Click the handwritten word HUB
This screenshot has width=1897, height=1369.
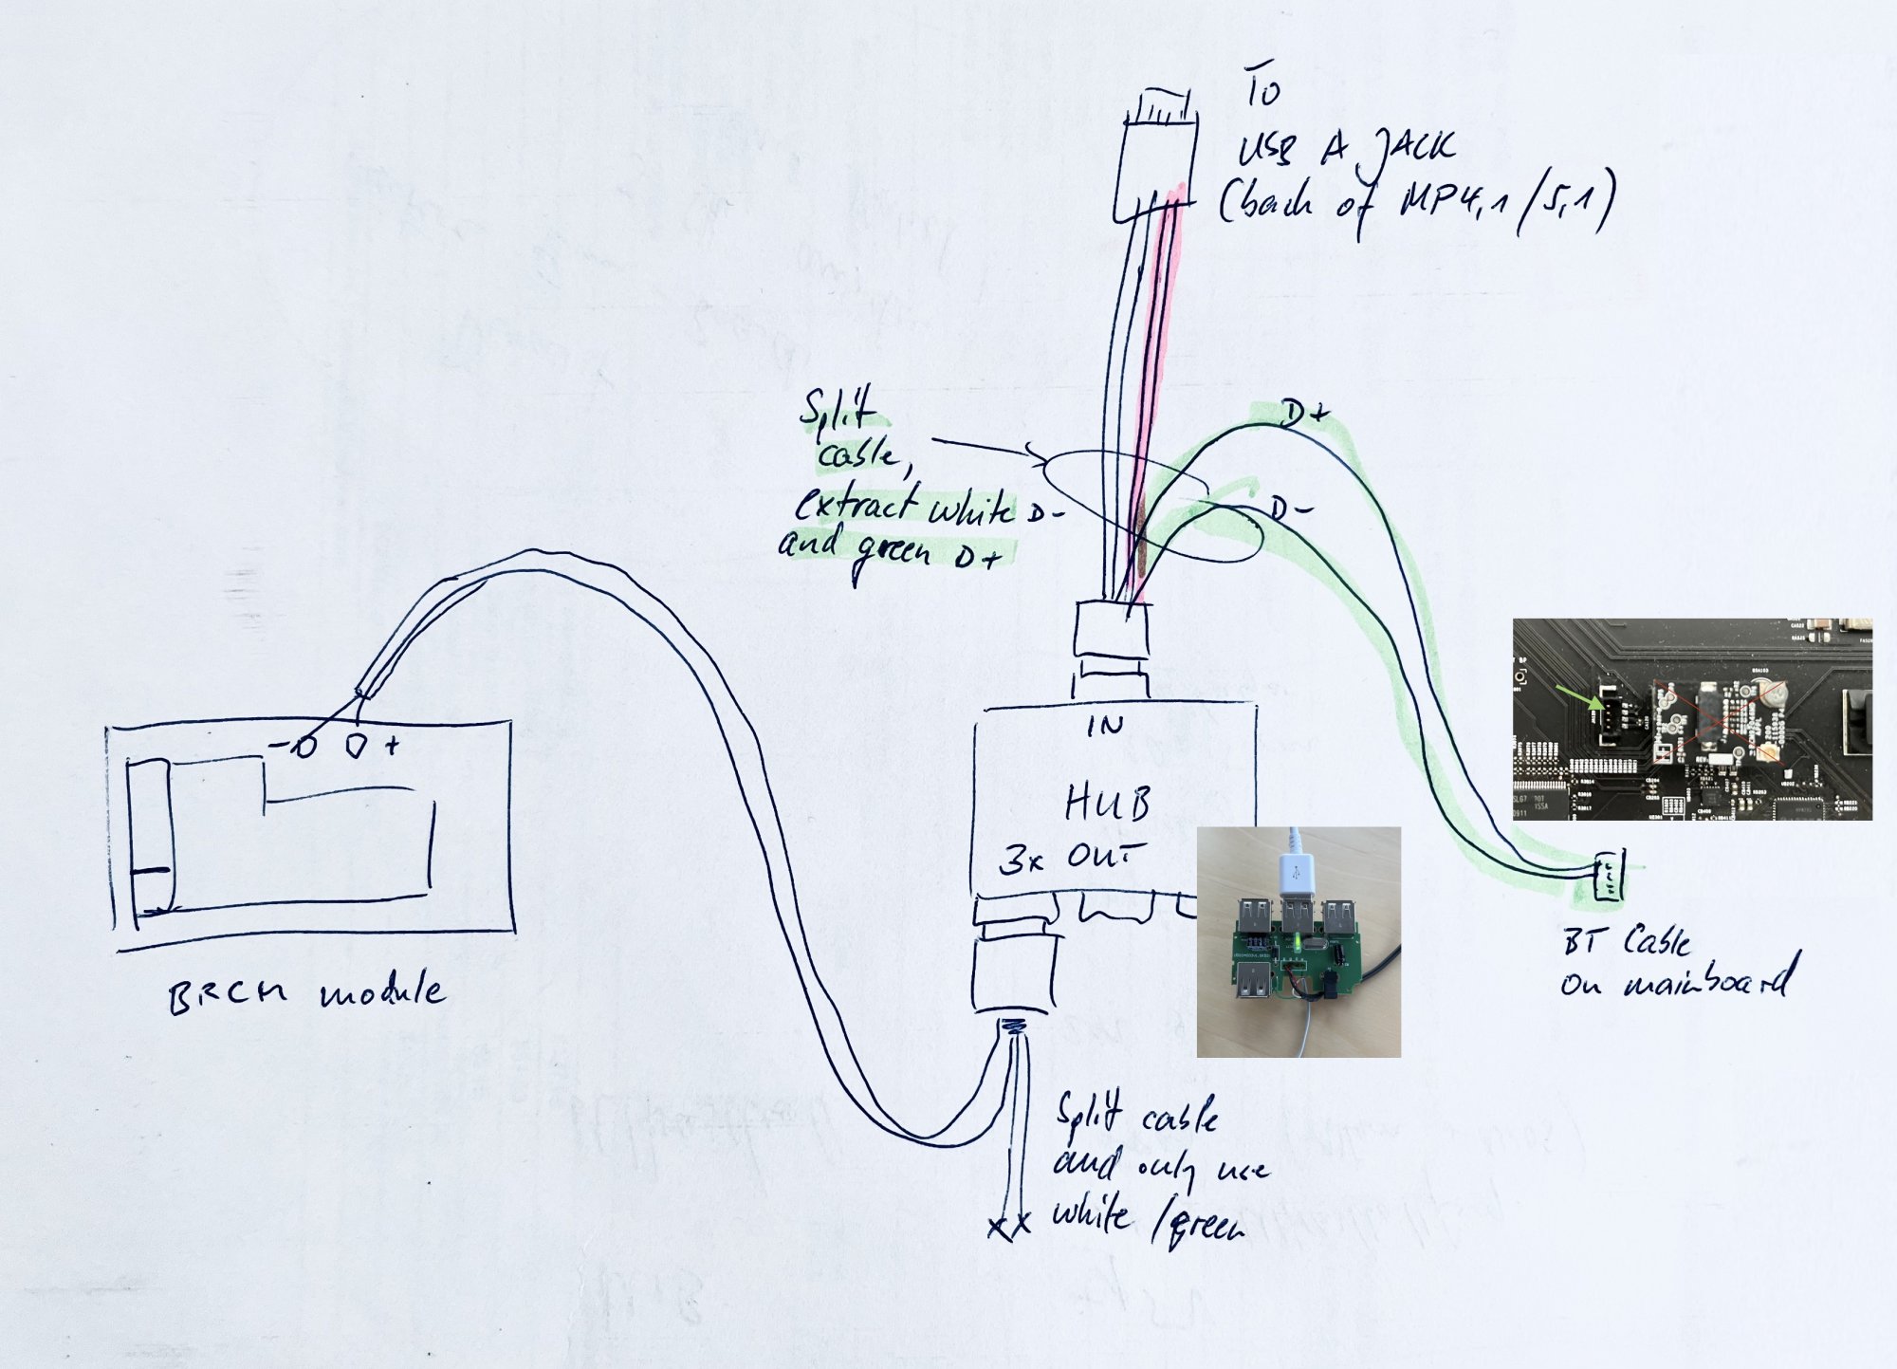pos(1107,805)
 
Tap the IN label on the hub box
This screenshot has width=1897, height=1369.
pos(1106,727)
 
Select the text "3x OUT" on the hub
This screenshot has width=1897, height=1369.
pos(1070,858)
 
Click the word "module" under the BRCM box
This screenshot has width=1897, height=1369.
pos(381,992)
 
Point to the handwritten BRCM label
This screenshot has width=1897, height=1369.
pos(228,995)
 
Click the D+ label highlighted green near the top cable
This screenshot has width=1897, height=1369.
pos(1304,416)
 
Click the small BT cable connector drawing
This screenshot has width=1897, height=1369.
pos(1608,876)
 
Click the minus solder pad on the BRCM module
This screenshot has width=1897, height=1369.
pos(304,748)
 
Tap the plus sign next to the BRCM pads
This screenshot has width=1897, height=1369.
pos(391,747)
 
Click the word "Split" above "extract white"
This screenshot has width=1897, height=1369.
pos(837,410)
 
